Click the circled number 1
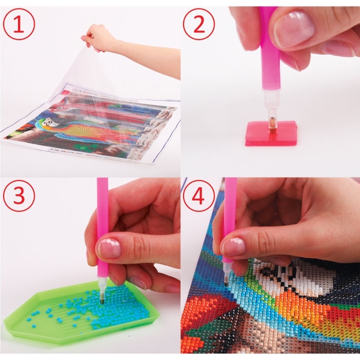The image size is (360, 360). (19, 25)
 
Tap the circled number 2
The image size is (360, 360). (199, 25)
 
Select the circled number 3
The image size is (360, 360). (19, 196)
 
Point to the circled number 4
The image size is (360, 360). (199, 196)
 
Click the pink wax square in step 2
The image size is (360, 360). (271, 134)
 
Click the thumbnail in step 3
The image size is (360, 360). (110, 248)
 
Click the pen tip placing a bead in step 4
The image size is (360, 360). (226, 282)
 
